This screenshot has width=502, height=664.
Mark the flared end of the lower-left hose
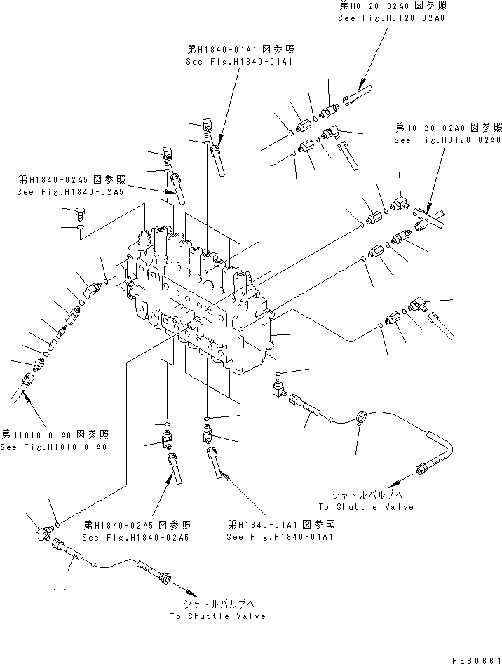pos(165,578)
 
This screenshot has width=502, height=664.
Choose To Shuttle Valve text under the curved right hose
pos(366,506)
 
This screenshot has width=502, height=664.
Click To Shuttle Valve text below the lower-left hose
pos(217,616)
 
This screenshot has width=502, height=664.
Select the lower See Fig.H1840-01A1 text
pos(279,537)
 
